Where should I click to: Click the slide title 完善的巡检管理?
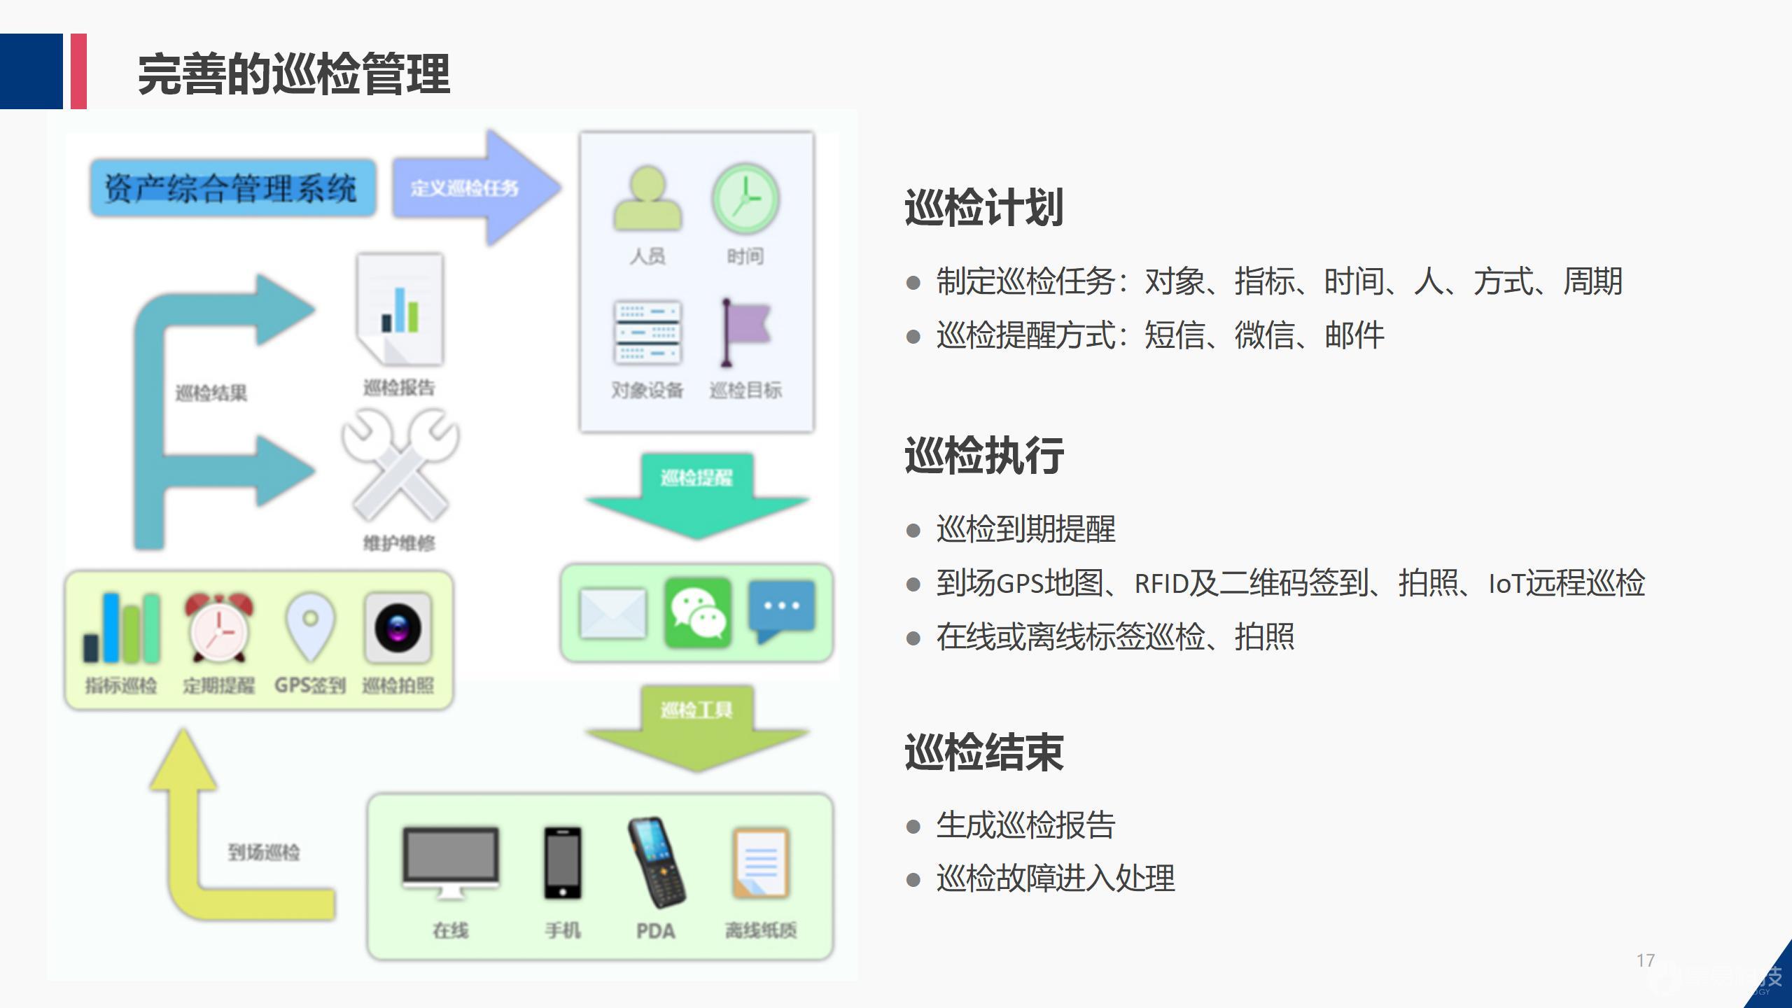click(293, 74)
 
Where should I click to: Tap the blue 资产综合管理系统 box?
click(232, 188)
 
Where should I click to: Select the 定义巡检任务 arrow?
click(476, 188)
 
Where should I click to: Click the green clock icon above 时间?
click(745, 199)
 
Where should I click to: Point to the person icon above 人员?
click(647, 199)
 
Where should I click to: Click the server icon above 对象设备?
click(647, 333)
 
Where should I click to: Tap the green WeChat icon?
click(698, 612)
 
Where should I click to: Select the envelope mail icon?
click(613, 613)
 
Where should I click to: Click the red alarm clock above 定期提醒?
click(219, 627)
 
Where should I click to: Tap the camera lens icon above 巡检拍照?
click(398, 627)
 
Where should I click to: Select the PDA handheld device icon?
click(656, 861)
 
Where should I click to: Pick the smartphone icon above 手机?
click(563, 862)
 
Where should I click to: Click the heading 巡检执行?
click(984, 456)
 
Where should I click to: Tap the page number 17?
click(1646, 960)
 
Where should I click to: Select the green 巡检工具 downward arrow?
click(697, 728)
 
